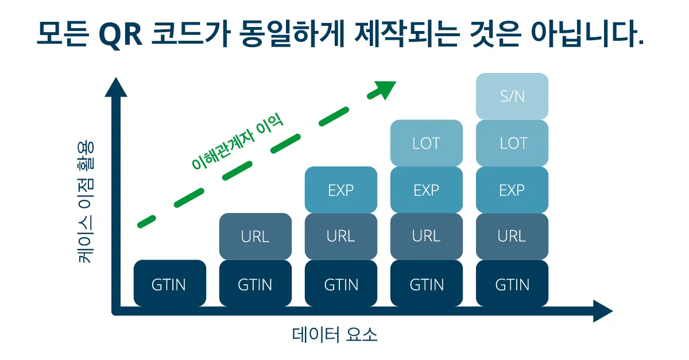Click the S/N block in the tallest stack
pyautogui.click(x=512, y=96)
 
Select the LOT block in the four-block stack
pyautogui.click(x=426, y=143)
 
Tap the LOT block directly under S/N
pyautogui.click(x=512, y=143)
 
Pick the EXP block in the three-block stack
pyautogui.click(x=340, y=190)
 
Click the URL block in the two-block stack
pyautogui.click(x=255, y=236)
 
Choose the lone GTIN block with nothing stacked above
pyautogui.click(x=169, y=284)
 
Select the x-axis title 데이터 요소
pyautogui.click(x=335, y=335)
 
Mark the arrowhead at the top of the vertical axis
pyautogui.click(x=116, y=87)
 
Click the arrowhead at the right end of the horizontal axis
pyautogui.click(x=603, y=311)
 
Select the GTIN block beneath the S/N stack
pyautogui.click(x=512, y=284)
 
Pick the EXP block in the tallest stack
pyautogui.click(x=512, y=190)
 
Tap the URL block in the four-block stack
pyautogui.click(x=426, y=236)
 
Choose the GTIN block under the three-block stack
pyautogui.click(x=340, y=284)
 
